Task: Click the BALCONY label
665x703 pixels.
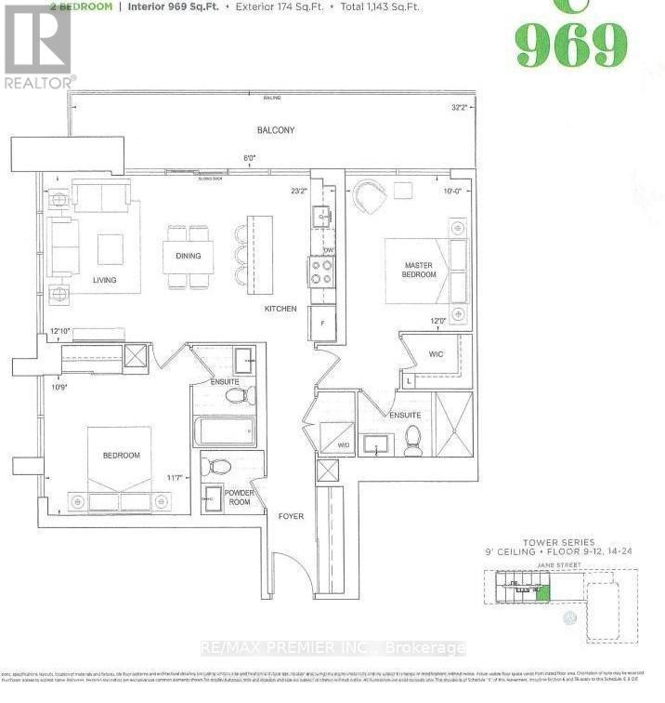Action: pyautogui.click(x=276, y=130)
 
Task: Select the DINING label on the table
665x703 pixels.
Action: pyautogui.click(x=188, y=256)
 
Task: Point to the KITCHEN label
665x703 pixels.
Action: pyautogui.click(x=280, y=309)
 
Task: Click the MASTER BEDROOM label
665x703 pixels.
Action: pyautogui.click(x=418, y=270)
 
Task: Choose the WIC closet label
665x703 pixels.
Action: pyautogui.click(x=437, y=354)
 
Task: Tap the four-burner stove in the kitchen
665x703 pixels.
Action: pyautogui.click(x=321, y=271)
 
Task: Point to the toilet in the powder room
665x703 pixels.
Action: pyautogui.click(x=219, y=467)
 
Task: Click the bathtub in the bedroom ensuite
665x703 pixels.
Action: pyautogui.click(x=225, y=431)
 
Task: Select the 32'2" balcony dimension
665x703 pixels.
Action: pyautogui.click(x=458, y=107)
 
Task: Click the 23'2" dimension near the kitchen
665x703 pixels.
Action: pyautogui.click(x=298, y=192)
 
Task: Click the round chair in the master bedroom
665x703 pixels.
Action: pyautogui.click(x=370, y=196)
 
